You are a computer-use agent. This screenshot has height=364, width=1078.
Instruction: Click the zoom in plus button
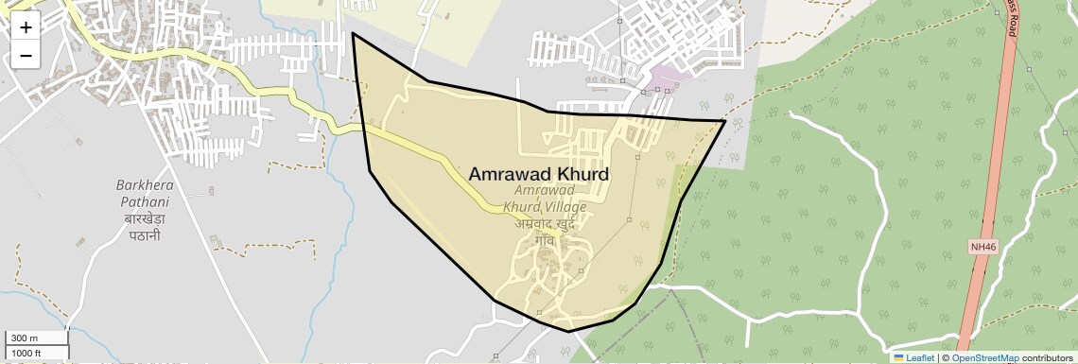point(26,27)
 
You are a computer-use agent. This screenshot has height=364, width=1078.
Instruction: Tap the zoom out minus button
point(26,56)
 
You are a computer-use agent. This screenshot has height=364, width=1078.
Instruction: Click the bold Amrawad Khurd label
point(539,175)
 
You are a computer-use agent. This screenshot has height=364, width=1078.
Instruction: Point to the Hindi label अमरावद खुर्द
point(545,224)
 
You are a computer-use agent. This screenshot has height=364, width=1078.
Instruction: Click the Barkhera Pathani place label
point(143,193)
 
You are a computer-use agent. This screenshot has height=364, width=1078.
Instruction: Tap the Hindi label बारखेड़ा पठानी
point(145,226)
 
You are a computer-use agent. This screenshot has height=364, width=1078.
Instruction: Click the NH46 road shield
point(983,247)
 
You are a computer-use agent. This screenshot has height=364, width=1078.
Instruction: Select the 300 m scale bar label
point(25,338)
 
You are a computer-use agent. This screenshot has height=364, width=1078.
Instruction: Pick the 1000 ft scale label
point(26,353)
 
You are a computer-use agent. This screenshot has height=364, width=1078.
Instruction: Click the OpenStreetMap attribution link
point(984,358)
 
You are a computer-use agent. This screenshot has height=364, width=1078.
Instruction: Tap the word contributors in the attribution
point(1047,358)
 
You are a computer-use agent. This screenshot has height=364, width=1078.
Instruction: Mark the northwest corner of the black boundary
point(353,34)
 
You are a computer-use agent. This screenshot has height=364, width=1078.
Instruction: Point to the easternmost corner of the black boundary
point(724,121)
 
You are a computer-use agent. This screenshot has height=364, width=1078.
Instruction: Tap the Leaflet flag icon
point(899,358)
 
